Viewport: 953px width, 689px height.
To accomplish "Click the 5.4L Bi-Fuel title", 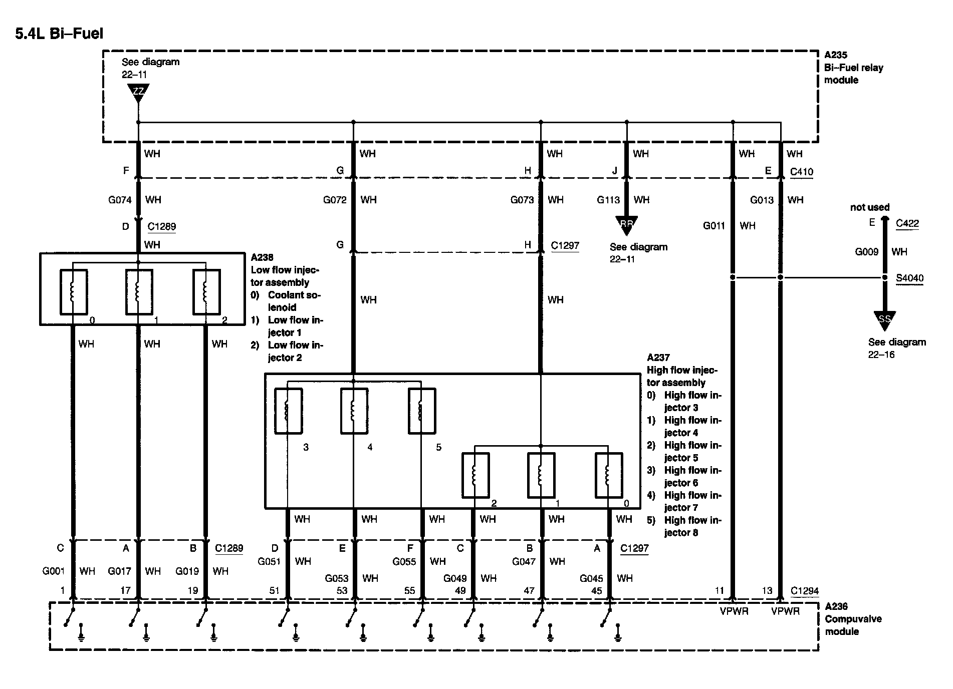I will [x=59, y=34].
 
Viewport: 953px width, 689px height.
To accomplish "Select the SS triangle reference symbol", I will [x=885, y=319].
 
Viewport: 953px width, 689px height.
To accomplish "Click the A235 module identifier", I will [x=836, y=55].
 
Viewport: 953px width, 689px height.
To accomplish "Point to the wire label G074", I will [x=120, y=200].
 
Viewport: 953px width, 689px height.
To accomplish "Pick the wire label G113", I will [x=608, y=200].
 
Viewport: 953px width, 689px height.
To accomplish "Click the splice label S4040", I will [x=909, y=278].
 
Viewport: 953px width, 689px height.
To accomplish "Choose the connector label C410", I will [x=802, y=172].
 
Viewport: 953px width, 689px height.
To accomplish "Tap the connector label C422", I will [x=907, y=223].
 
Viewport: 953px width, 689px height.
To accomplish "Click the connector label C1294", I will [x=804, y=591].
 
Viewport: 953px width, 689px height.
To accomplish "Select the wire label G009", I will [x=866, y=252].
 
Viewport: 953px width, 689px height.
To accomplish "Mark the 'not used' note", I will [x=870, y=207].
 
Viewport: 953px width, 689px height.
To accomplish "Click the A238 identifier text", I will [x=262, y=257].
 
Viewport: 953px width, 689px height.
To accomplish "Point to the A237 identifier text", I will [x=658, y=358].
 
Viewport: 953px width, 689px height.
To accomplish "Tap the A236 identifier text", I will [x=836, y=606].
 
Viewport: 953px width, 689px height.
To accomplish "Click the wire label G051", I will [x=269, y=561].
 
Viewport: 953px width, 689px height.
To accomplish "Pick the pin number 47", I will [x=529, y=591].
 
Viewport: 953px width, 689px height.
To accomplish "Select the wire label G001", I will [x=54, y=571].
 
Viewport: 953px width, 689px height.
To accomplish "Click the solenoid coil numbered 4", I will [x=354, y=411].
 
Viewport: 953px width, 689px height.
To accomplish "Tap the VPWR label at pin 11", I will [x=734, y=611].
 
